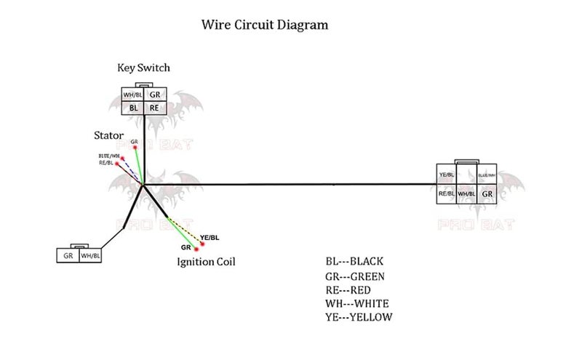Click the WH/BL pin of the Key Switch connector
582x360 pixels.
click(133, 95)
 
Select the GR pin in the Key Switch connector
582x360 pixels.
click(154, 95)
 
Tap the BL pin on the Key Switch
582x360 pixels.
click(133, 108)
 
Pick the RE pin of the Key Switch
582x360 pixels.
click(154, 108)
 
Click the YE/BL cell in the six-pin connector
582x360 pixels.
click(447, 175)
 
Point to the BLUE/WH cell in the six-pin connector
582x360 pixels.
click(487, 175)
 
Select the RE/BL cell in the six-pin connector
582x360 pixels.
click(447, 194)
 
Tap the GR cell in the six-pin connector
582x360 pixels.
click(487, 194)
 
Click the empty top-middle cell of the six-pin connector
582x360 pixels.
click(467, 175)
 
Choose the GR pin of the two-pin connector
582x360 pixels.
click(68, 256)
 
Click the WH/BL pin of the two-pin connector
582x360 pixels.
click(91, 256)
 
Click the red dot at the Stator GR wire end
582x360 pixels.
click(135, 148)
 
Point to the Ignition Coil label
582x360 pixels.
click(206, 260)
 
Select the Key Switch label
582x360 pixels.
click(143, 68)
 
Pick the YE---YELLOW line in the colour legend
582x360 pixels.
click(359, 317)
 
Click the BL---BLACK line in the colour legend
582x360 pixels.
click(354, 261)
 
